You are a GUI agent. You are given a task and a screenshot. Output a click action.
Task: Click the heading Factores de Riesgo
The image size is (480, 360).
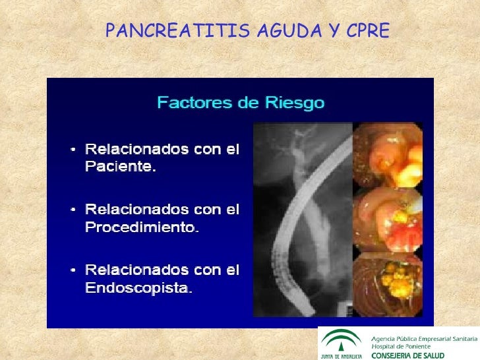[x=240, y=103]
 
